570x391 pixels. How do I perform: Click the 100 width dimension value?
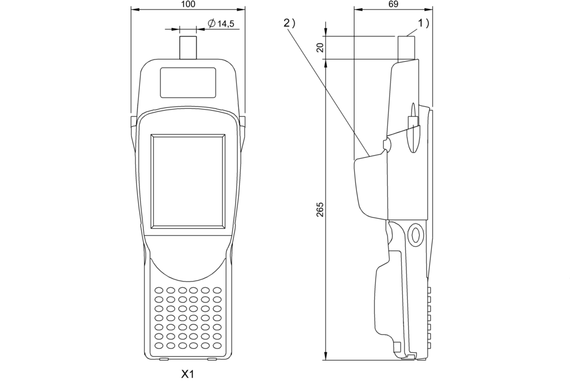click(188, 4)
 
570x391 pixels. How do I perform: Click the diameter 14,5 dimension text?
click(221, 24)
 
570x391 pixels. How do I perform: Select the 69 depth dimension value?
click(393, 4)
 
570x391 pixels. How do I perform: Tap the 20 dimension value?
click(321, 48)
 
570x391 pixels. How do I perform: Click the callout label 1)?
click(424, 24)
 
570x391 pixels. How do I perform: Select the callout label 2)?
click(289, 24)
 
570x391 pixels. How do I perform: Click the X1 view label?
click(188, 374)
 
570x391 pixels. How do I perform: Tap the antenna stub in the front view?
click(188, 48)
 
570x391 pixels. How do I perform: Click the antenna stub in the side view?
click(406, 48)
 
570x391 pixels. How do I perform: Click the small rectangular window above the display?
click(188, 83)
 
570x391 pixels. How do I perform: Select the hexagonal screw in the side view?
click(415, 234)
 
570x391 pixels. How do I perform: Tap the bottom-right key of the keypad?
click(217, 345)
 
